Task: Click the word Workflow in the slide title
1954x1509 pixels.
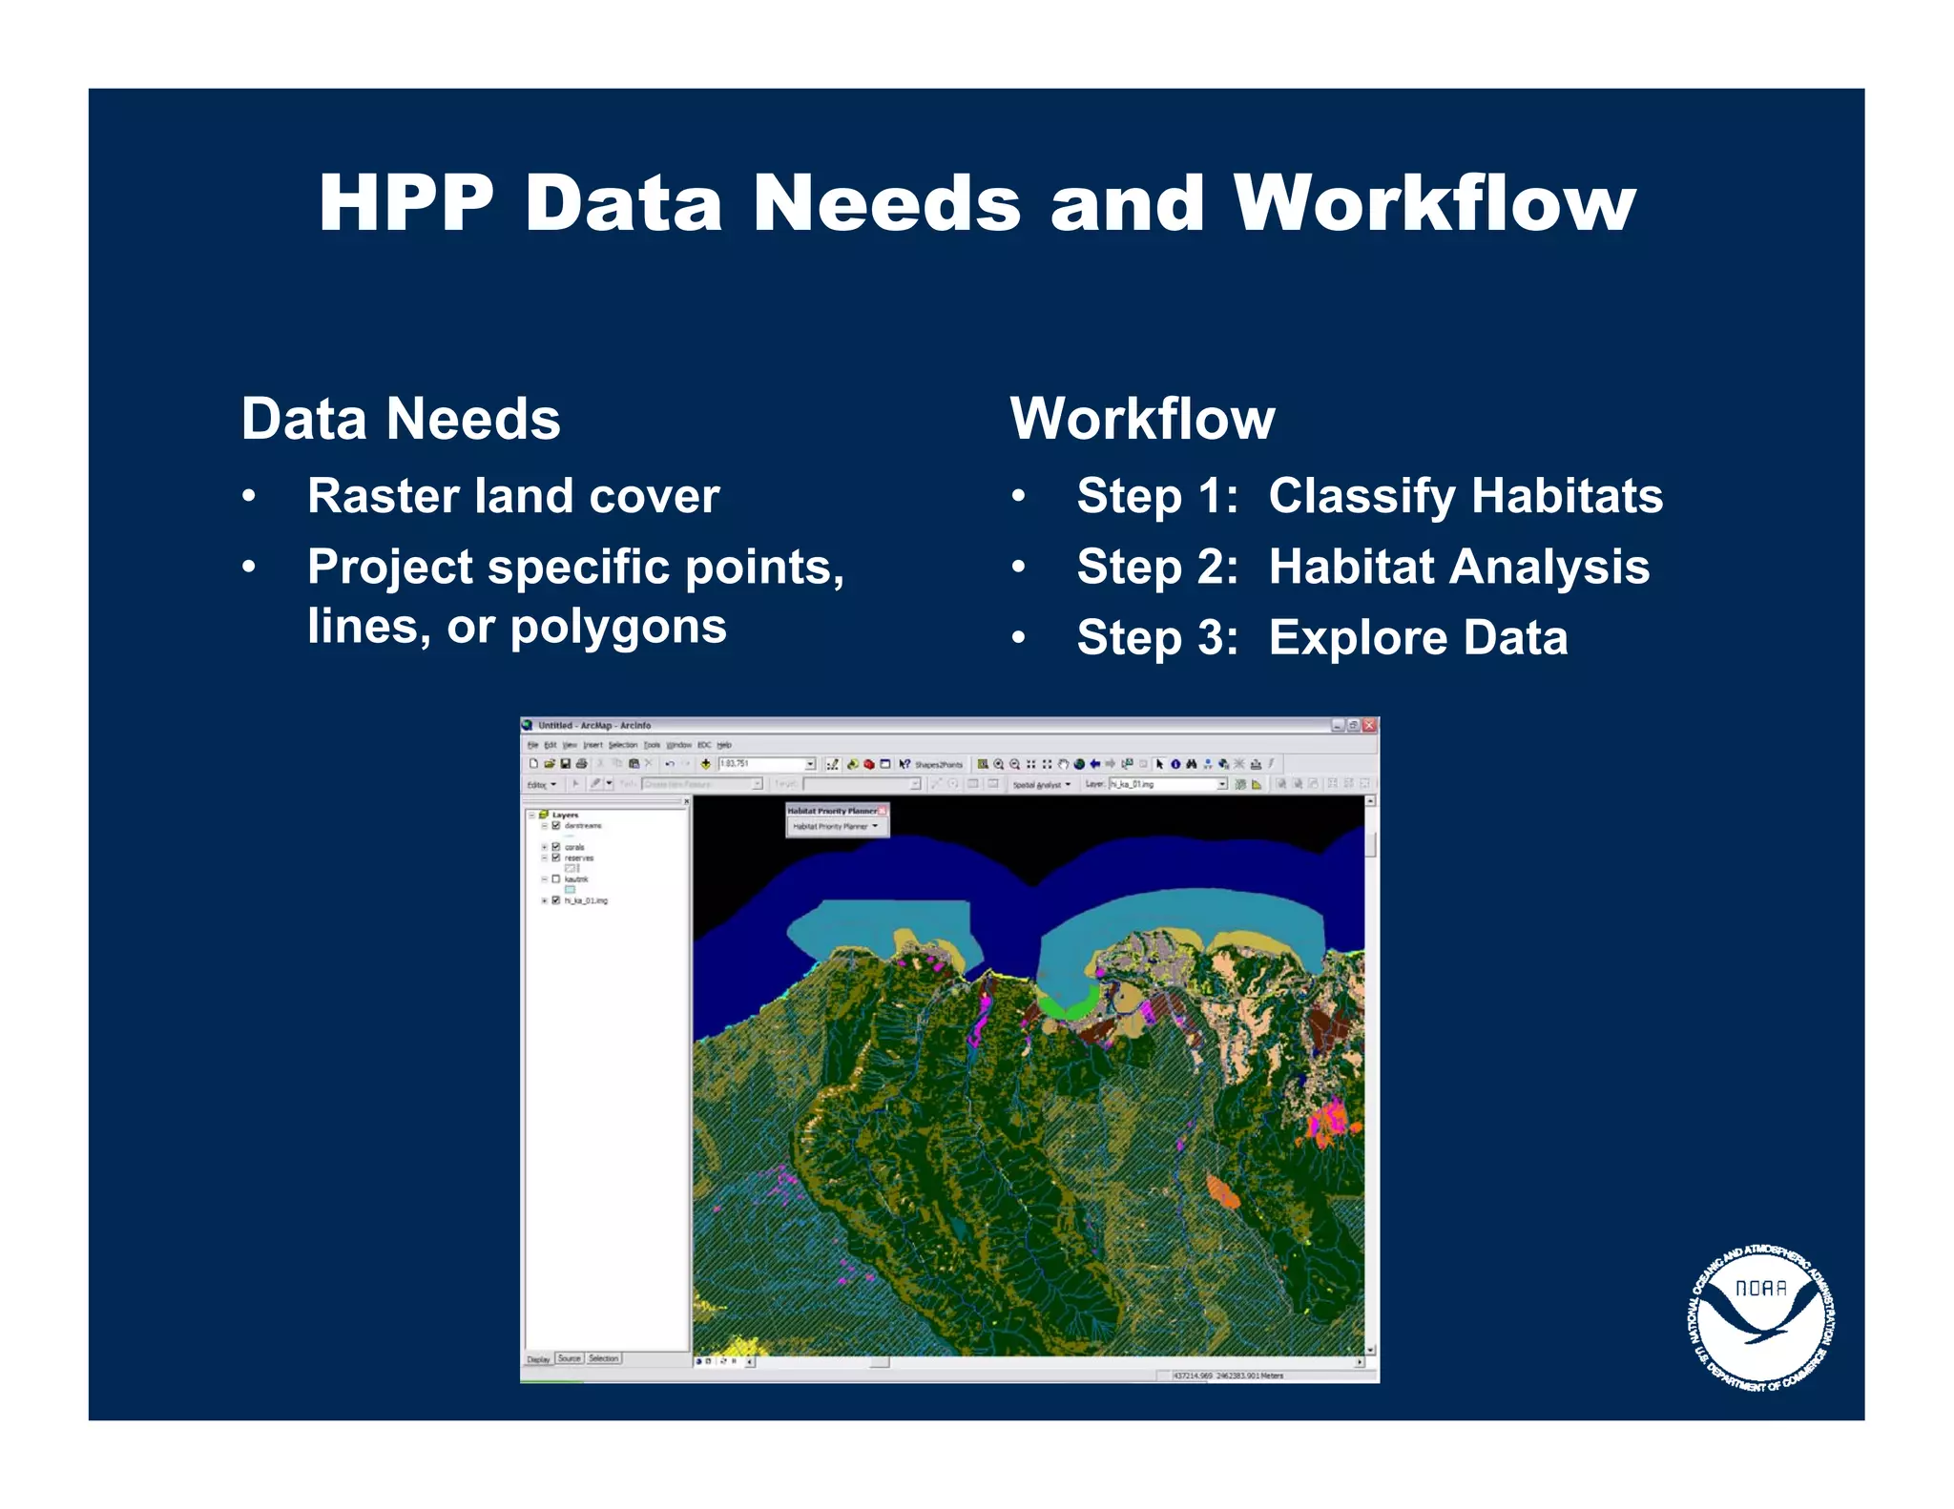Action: [x=1433, y=204]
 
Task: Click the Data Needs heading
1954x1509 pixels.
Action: [x=401, y=419]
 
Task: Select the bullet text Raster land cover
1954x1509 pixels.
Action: [x=513, y=496]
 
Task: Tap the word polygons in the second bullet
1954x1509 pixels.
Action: [x=618, y=628]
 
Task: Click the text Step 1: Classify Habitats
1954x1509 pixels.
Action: [x=1369, y=496]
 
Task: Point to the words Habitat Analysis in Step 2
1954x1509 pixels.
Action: [x=1459, y=567]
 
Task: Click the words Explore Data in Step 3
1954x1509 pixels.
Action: [x=1418, y=637]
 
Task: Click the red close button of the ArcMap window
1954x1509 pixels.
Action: [x=1369, y=726]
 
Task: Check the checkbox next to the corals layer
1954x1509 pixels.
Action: [x=556, y=847]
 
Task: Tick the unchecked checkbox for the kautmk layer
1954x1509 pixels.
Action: [x=556, y=879]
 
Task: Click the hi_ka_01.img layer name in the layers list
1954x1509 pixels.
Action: [x=586, y=900]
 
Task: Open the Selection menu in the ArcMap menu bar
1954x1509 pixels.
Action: [x=622, y=745]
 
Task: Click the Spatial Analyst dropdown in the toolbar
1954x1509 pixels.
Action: [x=1041, y=785]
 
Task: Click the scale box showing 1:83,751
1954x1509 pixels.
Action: [x=763, y=764]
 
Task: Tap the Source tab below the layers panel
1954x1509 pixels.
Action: [x=570, y=1358]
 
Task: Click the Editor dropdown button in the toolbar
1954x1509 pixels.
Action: [x=542, y=785]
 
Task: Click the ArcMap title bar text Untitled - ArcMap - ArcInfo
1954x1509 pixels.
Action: [x=593, y=726]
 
